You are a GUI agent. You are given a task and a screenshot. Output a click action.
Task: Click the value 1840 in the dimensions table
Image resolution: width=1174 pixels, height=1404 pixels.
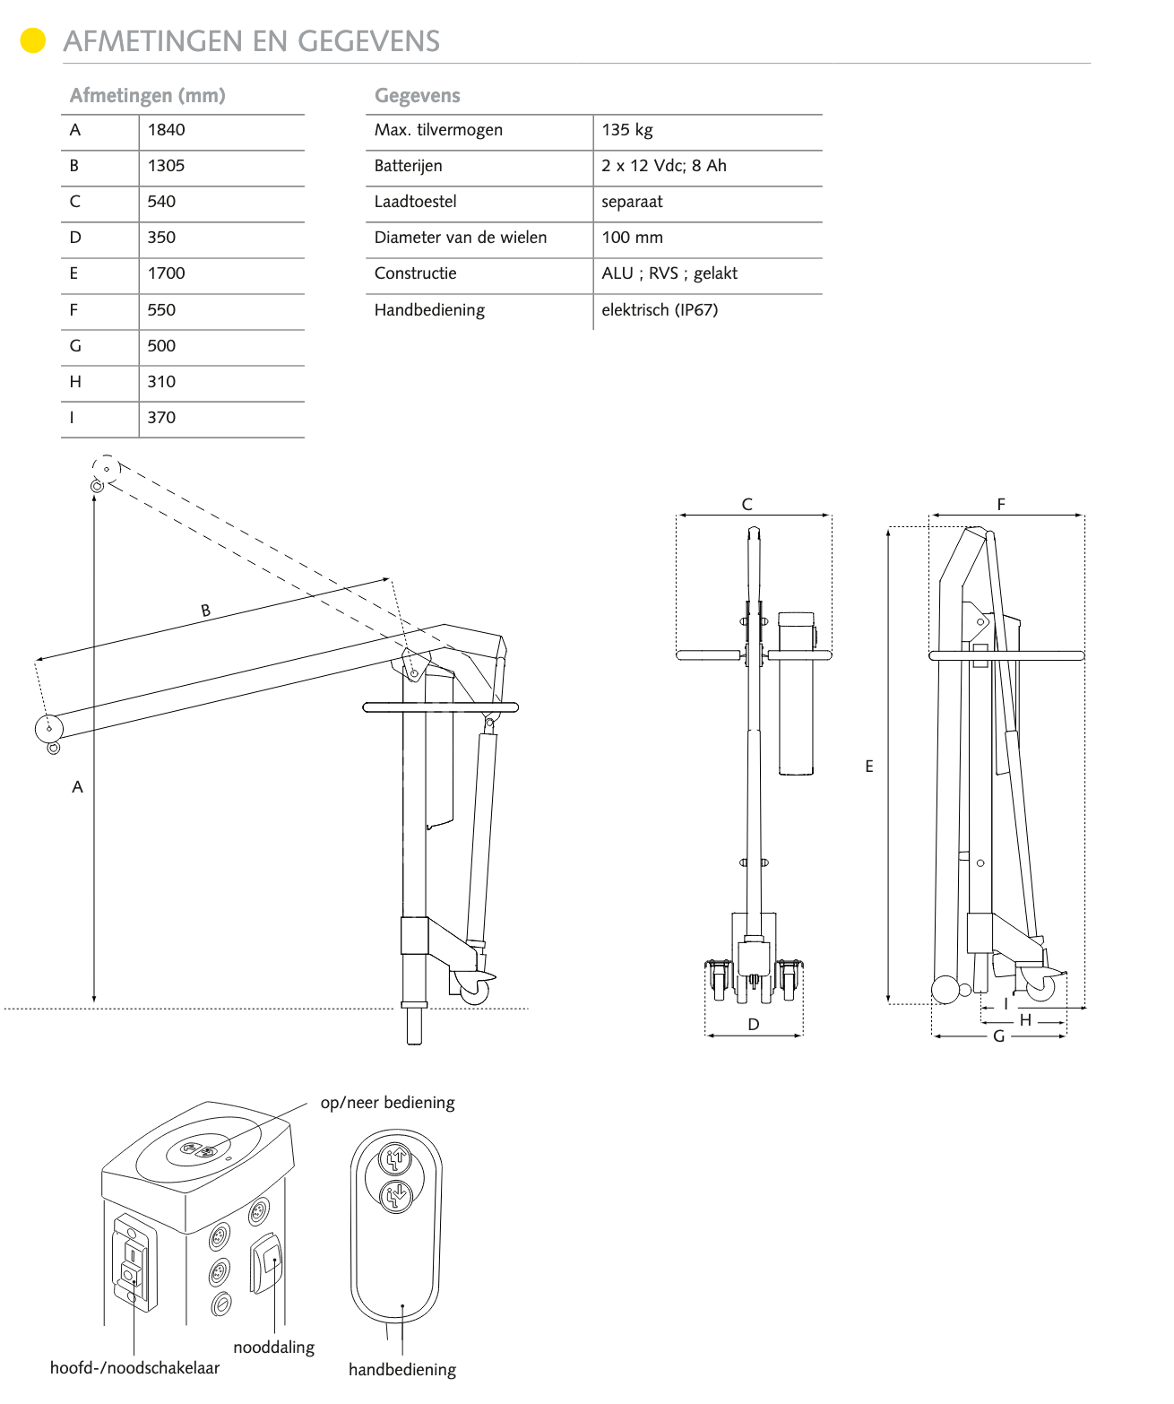[x=167, y=130]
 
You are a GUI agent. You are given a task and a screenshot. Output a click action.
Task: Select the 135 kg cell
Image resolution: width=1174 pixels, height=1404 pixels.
[x=627, y=130]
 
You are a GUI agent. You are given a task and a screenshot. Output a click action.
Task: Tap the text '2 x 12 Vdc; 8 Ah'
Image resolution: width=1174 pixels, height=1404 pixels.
[x=664, y=166]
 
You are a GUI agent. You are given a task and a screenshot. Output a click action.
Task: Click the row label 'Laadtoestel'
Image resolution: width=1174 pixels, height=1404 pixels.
[x=416, y=202]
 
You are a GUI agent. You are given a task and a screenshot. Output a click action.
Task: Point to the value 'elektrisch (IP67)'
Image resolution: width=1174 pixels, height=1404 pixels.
[x=660, y=310]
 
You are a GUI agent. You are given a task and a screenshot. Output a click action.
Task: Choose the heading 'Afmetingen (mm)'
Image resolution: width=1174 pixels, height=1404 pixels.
[x=148, y=95]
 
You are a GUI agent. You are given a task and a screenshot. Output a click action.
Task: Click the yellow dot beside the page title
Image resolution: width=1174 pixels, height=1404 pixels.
[x=33, y=41]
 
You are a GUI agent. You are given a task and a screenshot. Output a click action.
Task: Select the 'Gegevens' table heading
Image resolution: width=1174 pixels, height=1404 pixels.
[x=418, y=95]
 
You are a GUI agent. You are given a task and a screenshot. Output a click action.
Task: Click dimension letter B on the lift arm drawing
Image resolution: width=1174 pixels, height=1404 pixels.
[x=206, y=611]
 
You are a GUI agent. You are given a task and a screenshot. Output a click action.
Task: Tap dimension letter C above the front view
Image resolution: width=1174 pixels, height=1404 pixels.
[x=747, y=505]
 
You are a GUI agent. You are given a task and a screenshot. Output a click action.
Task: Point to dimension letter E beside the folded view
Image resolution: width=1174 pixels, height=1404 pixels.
[x=869, y=767]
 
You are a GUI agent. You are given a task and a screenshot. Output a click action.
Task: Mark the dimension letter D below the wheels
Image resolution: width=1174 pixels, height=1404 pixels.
[x=754, y=1025]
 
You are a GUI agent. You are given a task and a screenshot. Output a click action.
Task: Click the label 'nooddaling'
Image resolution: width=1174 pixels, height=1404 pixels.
[x=274, y=1348]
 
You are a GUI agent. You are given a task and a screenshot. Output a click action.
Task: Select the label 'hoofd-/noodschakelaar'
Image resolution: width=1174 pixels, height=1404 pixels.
[x=135, y=1368]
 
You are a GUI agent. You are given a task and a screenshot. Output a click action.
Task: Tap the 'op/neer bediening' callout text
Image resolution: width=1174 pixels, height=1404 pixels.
[x=388, y=1103]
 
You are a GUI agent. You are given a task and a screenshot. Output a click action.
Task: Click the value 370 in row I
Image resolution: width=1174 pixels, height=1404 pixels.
[x=162, y=418]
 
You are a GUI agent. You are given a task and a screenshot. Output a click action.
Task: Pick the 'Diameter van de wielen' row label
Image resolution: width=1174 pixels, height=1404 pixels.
[x=461, y=238]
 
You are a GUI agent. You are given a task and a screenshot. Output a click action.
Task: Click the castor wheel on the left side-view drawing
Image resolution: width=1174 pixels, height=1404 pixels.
[x=475, y=990]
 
